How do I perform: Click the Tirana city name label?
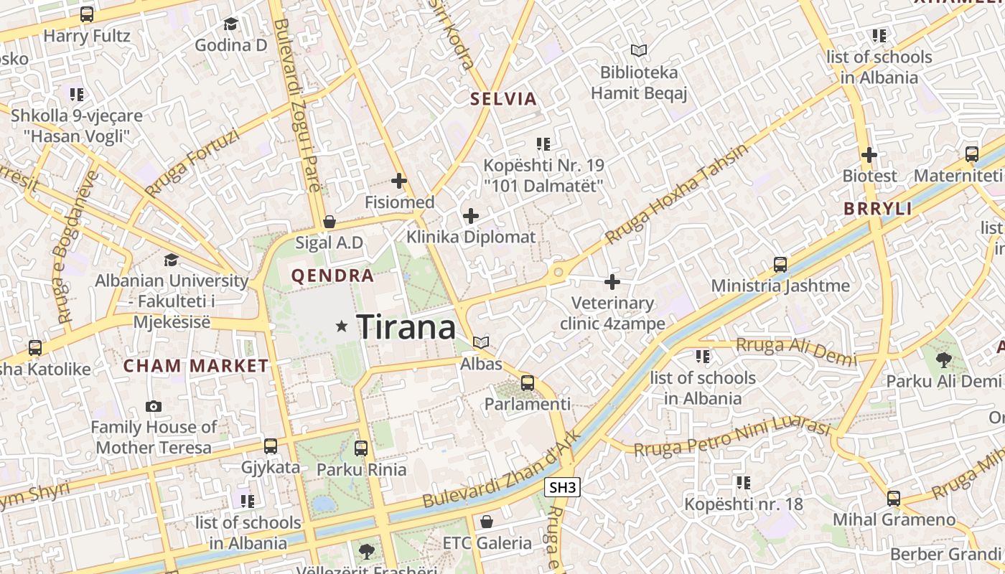coord(406,328)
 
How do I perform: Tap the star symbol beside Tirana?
coord(342,326)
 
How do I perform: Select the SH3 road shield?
coord(562,488)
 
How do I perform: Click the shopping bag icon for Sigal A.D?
coord(329,222)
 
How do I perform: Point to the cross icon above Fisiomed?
coord(399,181)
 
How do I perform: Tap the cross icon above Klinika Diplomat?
coord(471,215)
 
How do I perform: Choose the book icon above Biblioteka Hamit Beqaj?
coord(639,51)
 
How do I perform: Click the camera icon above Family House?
coord(154,406)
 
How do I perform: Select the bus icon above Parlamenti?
coord(528,382)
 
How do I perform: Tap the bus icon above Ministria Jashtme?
coord(780,264)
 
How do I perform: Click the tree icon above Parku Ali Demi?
coord(944,359)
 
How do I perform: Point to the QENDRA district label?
coord(332,276)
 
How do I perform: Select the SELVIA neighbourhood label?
coord(503,99)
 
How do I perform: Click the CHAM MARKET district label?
coord(196,366)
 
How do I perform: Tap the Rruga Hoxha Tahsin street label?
coord(677,193)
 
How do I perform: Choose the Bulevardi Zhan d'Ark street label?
coord(500,469)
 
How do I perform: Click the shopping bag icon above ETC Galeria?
coord(487,521)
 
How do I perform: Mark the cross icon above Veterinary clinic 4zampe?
coord(612,282)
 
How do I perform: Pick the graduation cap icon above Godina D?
coord(230,24)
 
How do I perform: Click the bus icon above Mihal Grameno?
coord(894,498)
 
